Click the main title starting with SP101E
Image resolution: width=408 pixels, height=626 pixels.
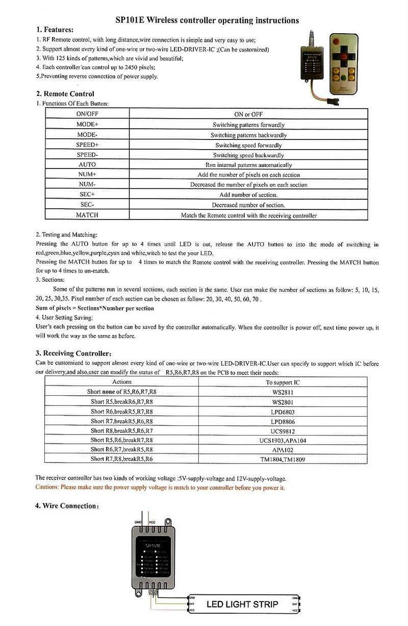207,20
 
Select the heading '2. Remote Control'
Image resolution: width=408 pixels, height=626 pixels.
65,94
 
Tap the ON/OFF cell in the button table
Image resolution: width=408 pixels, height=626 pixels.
87,114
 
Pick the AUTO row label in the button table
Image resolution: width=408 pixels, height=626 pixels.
87,165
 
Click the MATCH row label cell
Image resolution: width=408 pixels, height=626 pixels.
87,215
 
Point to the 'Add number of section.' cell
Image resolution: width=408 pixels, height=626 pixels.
248,195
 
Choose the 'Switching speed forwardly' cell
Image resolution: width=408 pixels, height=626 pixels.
248,145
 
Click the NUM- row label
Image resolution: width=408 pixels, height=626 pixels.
87,185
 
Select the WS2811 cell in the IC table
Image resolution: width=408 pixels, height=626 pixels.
283,392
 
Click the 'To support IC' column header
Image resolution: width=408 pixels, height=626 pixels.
283,382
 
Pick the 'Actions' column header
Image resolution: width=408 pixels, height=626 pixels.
122,382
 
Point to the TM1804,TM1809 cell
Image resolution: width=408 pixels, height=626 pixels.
283,459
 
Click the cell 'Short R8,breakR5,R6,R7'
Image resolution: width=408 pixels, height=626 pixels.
122,431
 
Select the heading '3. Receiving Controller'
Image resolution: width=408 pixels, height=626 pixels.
73,353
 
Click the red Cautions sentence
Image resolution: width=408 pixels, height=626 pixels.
160,488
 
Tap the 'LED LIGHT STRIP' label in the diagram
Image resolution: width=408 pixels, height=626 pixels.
242,605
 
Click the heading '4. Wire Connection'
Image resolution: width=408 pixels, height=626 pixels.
67,506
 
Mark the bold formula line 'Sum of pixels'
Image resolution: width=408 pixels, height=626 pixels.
95,308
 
